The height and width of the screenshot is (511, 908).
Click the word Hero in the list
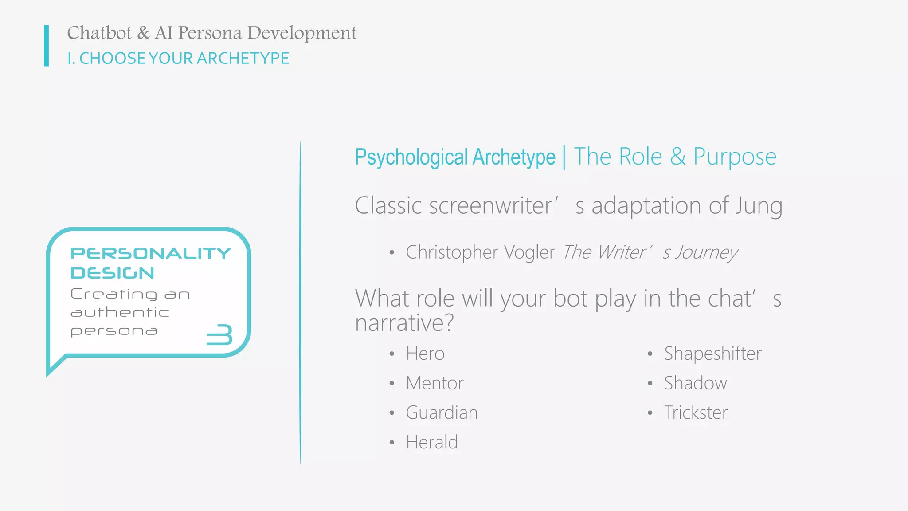point(425,354)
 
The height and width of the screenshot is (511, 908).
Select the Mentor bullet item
point(434,383)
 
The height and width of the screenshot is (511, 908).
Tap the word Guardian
point(442,413)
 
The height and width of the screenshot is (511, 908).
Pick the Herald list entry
point(432,443)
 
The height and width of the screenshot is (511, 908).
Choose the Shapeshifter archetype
point(712,354)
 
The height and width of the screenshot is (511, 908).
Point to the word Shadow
point(695,383)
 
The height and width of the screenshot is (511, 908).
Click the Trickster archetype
point(696,413)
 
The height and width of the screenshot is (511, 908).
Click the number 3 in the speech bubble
point(220,334)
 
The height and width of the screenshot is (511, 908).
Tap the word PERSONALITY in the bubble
point(150,253)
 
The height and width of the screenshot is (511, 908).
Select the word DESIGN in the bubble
point(112,273)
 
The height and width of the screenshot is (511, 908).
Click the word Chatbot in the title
point(99,33)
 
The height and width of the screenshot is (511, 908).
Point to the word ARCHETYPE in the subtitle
point(243,59)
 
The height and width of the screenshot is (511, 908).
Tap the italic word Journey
point(706,253)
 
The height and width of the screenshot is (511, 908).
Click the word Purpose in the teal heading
point(735,157)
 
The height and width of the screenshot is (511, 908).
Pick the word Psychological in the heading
point(411,157)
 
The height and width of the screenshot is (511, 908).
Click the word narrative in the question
point(404,323)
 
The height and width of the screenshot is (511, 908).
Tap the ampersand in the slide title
point(143,33)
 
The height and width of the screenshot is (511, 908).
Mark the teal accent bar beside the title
point(47,46)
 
